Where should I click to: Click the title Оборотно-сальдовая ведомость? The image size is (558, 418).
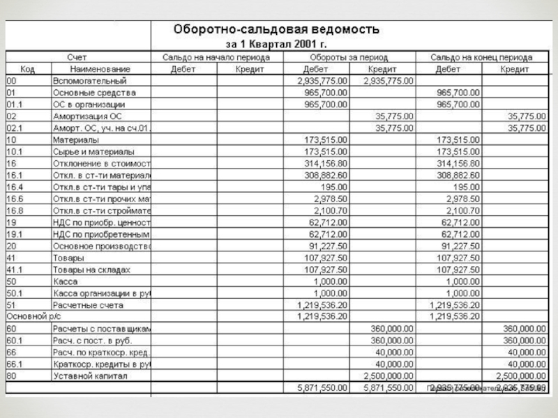[x=276, y=30]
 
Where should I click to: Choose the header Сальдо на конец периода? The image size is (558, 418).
[x=481, y=57]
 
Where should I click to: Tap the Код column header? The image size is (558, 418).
[x=27, y=69]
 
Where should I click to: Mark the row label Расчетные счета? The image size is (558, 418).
[x=89, y=304]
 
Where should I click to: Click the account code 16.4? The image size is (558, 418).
[x=15, y=187]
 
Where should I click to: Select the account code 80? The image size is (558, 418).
[x=11, y=376]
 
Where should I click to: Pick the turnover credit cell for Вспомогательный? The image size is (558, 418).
[x=389, y=81]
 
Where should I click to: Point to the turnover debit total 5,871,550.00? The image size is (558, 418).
[x=322, y=387]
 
